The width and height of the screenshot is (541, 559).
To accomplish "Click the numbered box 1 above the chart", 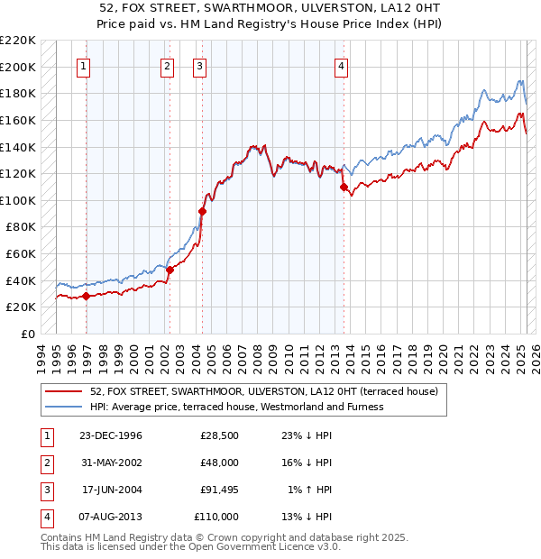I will (83, 65).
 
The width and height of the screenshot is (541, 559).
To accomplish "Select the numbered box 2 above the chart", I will (168, 65).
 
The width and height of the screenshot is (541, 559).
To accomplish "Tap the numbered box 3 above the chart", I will (199, 65).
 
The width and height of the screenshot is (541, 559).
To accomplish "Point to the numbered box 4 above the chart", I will (342, 65).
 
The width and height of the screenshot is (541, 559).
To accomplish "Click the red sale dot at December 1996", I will (86, 296).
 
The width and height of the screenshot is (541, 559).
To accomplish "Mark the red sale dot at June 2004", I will (202, 211).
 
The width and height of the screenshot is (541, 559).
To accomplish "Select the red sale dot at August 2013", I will (344, 187).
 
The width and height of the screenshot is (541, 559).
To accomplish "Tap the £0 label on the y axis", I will (28, 334).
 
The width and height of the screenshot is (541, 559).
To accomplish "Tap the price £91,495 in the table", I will (216, 490).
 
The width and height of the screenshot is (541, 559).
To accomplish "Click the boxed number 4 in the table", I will (45, 518).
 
